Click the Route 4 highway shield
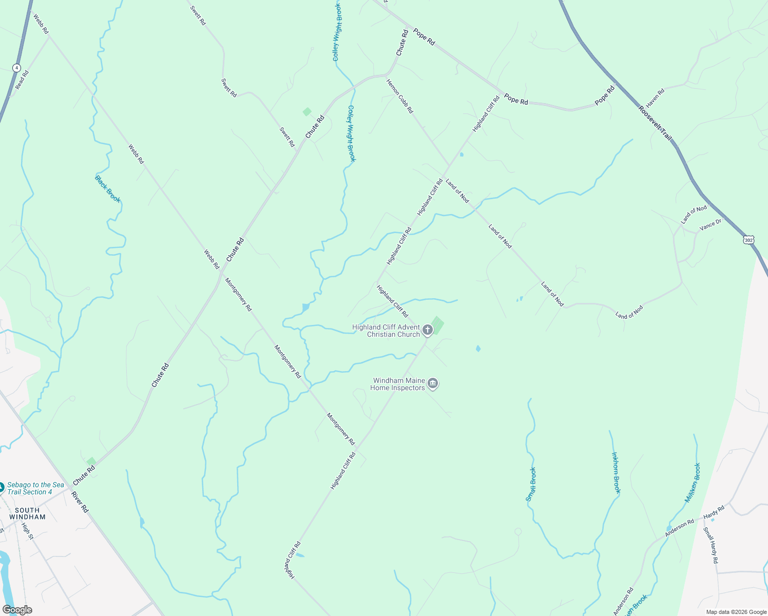(17, 68)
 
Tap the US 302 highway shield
(748, 240)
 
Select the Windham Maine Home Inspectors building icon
(433, 384)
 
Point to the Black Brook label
(108, 189)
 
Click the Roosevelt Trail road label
(655, 123)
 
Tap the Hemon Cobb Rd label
(399, 96)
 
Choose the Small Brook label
(531, 484)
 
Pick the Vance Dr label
(711, 225)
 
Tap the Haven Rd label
(655, 98)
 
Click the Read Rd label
(22, 80)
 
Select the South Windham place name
(27, 514)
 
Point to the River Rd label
(80, 502)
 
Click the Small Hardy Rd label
(711, 546)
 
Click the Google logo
(17, 610)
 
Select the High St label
(27, 531)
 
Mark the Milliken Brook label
(693, 483)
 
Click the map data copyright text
(736, 612)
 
